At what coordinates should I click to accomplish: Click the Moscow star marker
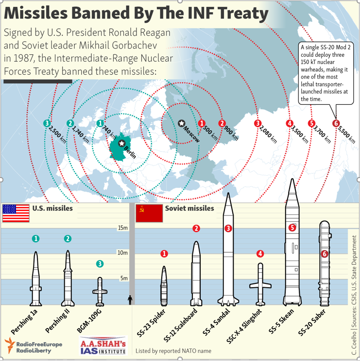[x=181, y=123]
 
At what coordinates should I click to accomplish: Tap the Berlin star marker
[x=121, y=143]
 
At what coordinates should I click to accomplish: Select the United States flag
[x=16, y=213]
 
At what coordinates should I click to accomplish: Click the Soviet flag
[x=149, y=213]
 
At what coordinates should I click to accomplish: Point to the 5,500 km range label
[x=346, y=135]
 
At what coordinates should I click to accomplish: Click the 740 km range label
[x=109, y=132]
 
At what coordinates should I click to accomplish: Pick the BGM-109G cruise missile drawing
[x=100, y=292]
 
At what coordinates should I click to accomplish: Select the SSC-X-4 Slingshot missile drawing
[x=260, y=284]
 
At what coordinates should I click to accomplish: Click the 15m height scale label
[x=122, y=228]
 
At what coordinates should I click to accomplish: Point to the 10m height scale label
[x=122, y=253]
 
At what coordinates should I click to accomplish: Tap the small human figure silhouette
[x=130, y=300]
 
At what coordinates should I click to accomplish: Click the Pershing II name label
[x=57, y=321]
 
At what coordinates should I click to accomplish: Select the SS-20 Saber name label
[x=312, y=322]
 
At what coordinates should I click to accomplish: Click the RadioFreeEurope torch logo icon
[x=10, y=345]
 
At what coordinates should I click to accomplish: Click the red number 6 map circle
[x=336, y=123]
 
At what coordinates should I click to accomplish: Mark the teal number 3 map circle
[x=47, y=123]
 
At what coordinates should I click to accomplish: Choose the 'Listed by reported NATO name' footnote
[x=173, y=351]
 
